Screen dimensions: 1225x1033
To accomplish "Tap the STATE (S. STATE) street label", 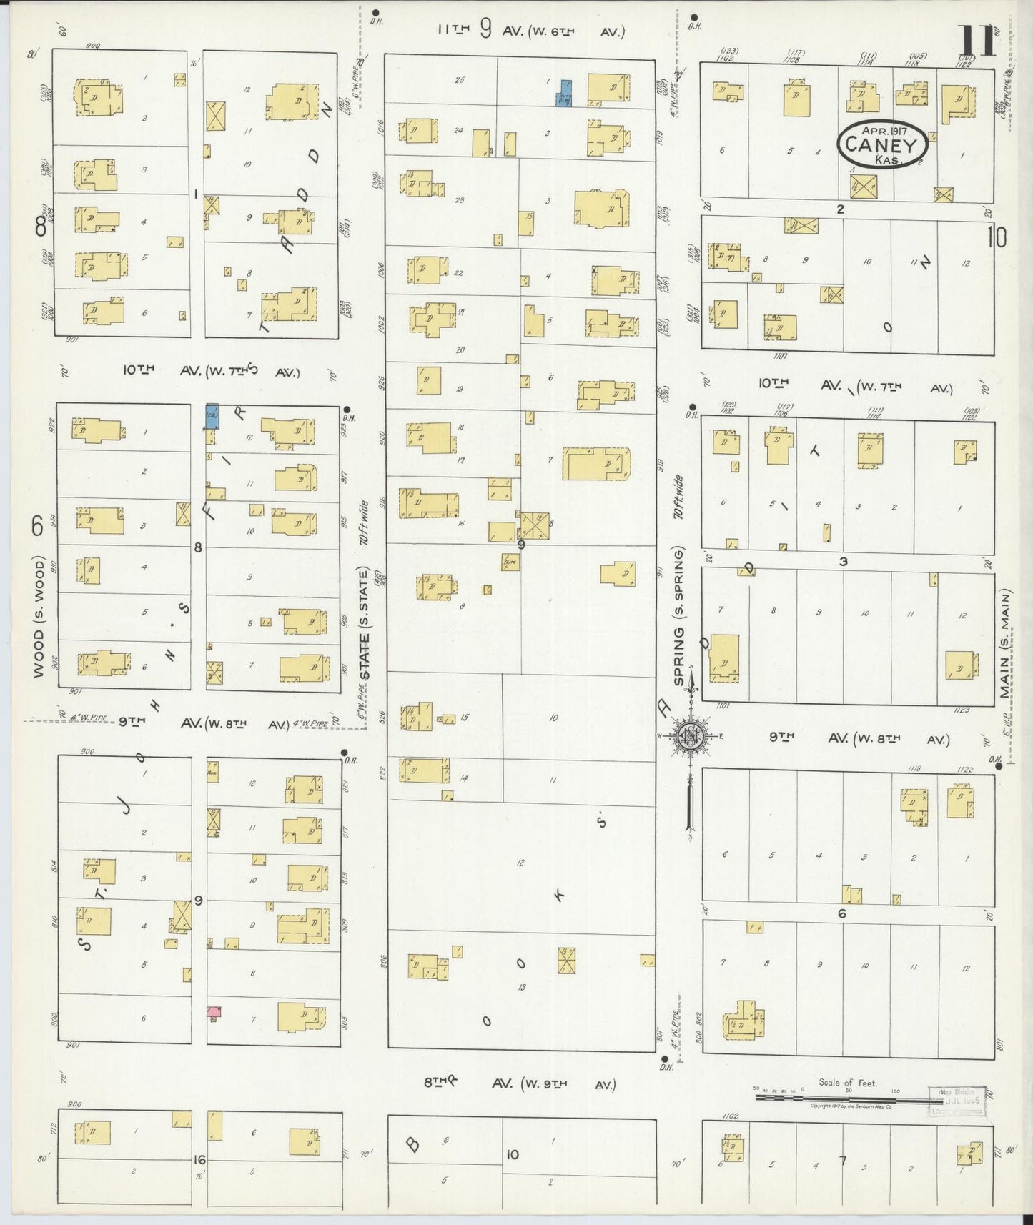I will coord(365,624).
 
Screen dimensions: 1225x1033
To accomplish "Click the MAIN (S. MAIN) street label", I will coord(1006,644).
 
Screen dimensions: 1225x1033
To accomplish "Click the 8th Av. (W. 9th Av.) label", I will coord(519,1084).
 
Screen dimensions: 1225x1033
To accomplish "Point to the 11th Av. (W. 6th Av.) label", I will coord(532,31).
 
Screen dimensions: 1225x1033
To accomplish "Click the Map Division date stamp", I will coord(956,1099).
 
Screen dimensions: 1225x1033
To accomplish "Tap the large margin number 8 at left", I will coord(41,227).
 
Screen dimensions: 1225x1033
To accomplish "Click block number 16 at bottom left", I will coord(199,1159).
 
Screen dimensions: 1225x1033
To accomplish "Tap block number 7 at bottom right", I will coord(843,1160).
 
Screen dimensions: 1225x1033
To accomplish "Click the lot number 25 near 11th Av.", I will coord(460,80).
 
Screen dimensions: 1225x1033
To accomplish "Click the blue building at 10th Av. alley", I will coord(212,417).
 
